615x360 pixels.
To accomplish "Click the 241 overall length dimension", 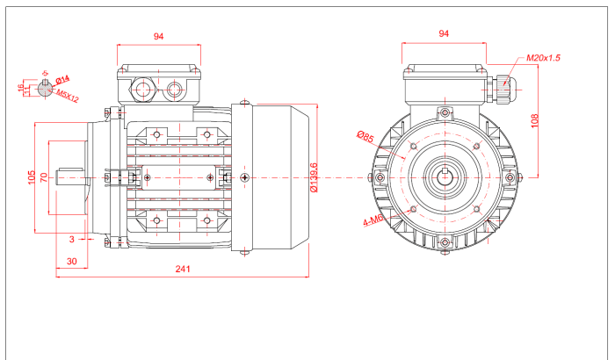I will point(182,269).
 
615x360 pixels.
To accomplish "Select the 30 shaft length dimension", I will point(72,262).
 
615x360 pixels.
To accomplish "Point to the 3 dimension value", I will point(72,238).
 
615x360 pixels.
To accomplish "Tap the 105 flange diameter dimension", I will point(33,178).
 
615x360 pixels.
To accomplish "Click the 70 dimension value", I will point(45,178).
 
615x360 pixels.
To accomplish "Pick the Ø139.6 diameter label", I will point(314,177).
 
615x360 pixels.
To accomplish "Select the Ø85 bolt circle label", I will point(365,136).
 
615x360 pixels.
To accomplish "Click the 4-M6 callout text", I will point(373,221).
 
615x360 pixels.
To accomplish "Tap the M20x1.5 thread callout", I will point(544,57).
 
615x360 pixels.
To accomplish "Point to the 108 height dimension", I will point(534,120).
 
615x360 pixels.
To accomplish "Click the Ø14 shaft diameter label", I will point(62,80).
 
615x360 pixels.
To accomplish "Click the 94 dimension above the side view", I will point(159,36).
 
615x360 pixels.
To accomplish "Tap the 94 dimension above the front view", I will point(444,33).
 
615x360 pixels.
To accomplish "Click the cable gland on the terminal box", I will point(503,85).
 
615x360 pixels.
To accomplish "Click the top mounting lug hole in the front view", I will point(445,112).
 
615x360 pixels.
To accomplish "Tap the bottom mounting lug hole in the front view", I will point(445,241).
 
